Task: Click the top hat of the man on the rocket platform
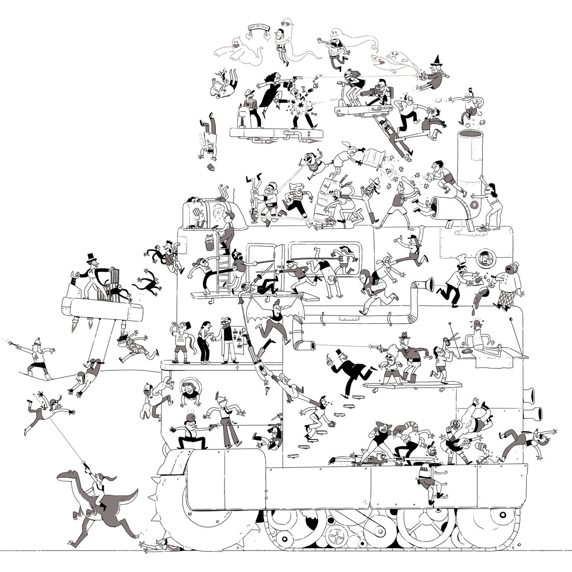tap(91, 258)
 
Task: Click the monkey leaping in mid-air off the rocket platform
tap(146, 282)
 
